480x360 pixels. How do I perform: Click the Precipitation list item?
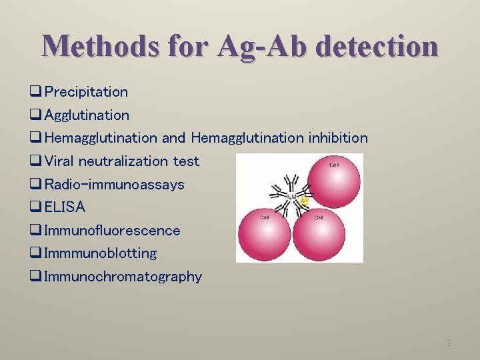(x=86, y=91)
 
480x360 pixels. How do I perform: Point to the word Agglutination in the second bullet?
(x=87, y=115)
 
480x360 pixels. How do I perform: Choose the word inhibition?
(x=337, y=138)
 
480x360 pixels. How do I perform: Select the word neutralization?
(x=123, y=161)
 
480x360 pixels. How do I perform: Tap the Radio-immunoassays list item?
(x=114, y=184)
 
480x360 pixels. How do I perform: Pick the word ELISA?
(x=65, y=207)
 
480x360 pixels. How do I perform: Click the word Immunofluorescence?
(x=112, y=230)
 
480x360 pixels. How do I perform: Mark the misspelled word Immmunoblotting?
(x=101, y=253)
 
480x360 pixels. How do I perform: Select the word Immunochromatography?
(x=123, y=276)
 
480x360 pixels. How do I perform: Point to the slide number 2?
(x=449, y=343)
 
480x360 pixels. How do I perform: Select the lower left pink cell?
(x=265, y=235)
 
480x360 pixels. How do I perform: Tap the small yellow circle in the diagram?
(x=305, y=200)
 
